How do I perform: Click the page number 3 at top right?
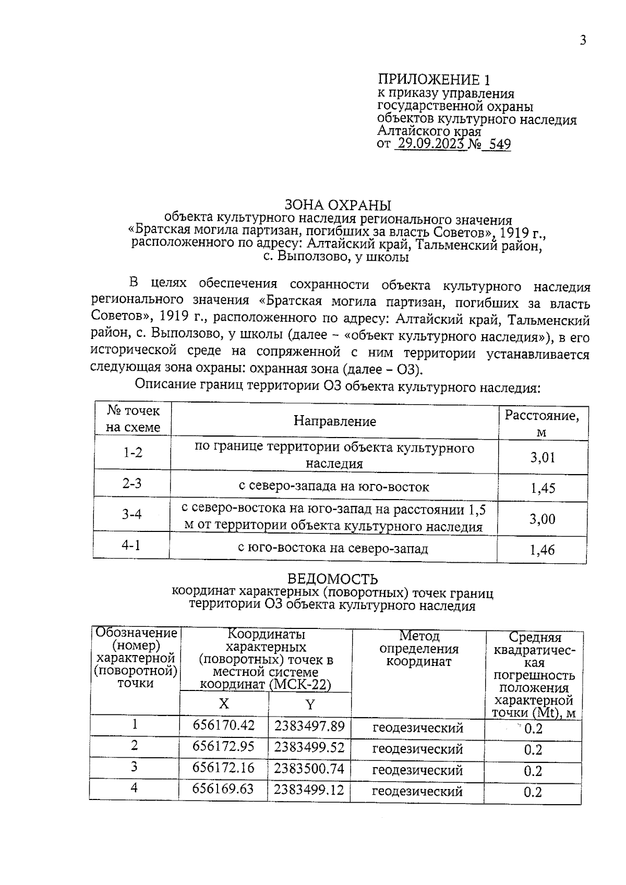pos(583,41)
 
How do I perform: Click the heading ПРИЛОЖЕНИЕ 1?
pos(434,80)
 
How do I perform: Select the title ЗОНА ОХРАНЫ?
pos(338,204)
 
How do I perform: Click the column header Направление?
pos(334,421)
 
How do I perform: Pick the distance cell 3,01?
pos(543,458)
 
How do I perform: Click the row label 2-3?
pos(132,483)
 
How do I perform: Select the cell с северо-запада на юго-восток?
pos(334,487)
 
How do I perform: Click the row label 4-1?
pos(131,545)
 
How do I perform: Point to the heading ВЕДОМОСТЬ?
pos(333,579)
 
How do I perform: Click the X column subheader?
pos(223,704)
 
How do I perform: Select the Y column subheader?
pos(310,705)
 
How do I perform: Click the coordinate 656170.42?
pos(223,725)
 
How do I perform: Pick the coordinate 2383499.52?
pos(309,747)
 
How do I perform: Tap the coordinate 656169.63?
pos(223,789)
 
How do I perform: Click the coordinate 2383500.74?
pos(309,768)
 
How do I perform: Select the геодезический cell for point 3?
pos(417,770)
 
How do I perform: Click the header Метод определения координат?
pos(419,649)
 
